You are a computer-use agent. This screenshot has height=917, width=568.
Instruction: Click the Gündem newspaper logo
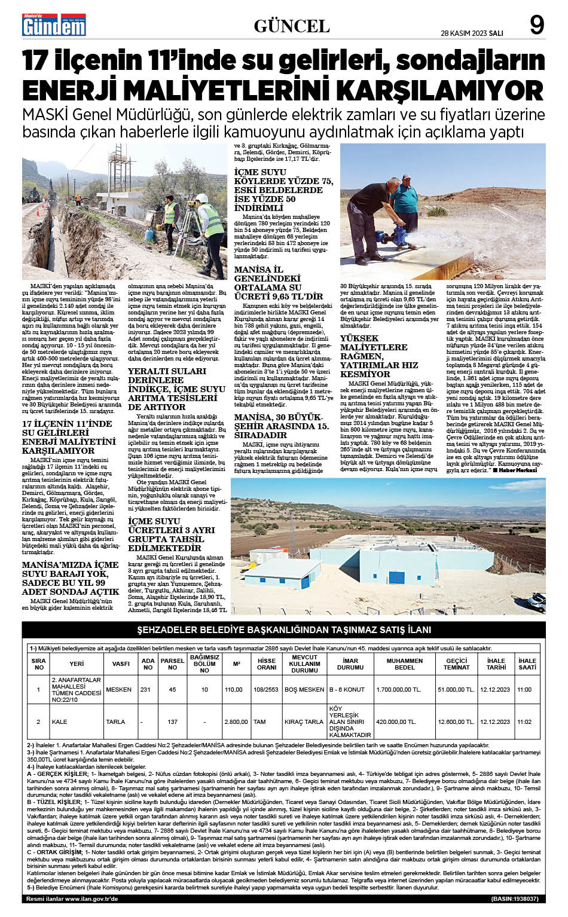tap(54, 25)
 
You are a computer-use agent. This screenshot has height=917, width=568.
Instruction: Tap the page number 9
tap(536, 25)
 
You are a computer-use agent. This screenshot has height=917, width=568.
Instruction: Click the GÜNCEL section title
tap(292, 26)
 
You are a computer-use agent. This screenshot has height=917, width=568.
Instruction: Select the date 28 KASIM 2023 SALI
tap(472, 32)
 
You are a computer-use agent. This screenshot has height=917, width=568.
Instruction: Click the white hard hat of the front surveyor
tap(201, 198)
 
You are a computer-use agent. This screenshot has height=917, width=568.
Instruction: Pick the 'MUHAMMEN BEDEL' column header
tap(405, 664)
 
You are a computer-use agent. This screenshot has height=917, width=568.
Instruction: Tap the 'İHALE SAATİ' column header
tap(527, 664)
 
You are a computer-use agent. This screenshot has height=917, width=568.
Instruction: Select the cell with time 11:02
tap(524, 722)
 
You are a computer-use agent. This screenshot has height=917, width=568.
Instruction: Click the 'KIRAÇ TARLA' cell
tap(304, 722)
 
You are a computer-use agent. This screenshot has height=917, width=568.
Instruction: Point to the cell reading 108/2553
tap(266, 689)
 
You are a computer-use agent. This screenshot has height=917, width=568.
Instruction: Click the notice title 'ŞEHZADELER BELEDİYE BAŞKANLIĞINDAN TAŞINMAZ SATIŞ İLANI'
tap(284, 630)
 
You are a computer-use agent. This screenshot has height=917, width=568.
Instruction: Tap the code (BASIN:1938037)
tap(515, 898)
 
